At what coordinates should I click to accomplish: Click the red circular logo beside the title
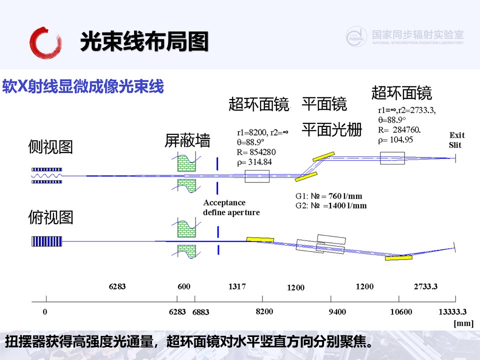coord(45,43)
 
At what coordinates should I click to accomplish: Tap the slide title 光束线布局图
coord(144,41)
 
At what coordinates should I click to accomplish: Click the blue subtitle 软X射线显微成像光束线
coord(83,86)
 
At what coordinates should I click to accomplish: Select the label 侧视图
coord(50,146)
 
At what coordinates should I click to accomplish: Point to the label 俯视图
coord(50,217)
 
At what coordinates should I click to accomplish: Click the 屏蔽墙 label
coord(187,140)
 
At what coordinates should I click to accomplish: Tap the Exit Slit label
coord(456,140)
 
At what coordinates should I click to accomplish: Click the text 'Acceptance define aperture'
coord(231,207)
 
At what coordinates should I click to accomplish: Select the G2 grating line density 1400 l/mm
coord(347,205)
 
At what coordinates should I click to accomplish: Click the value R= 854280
coord(256,152)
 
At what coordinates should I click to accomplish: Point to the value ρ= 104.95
coord(395,140)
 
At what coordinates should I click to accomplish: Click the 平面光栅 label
coord(332,129)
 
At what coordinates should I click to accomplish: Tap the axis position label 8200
coord(264,311)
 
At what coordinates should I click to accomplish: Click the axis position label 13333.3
coord(452,312)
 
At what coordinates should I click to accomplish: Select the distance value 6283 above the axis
coord(117,286)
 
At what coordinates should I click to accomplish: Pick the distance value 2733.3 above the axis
coord(425,286)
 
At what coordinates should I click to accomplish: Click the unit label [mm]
coord(463,323)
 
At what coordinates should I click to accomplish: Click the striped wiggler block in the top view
coord(47,241)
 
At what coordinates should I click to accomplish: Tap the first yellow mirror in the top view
coord(260,239)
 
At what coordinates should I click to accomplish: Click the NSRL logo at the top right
coord(356,36)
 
